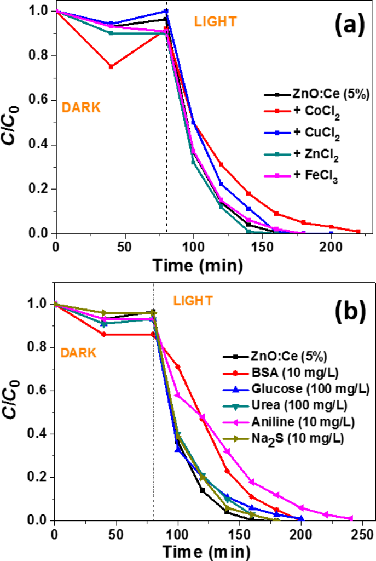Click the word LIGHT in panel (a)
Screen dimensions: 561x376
click(216, 22)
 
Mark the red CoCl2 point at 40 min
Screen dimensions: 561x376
click(111, 67)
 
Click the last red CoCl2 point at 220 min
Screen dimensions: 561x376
click(358, 232)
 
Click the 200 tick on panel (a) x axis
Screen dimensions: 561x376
click(331, 247)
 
